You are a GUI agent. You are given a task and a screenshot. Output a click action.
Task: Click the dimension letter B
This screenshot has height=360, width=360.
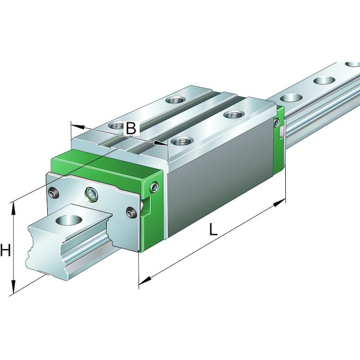[x=131, y=128]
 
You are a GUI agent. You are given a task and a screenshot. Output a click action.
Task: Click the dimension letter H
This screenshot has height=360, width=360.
[x=5, y=250]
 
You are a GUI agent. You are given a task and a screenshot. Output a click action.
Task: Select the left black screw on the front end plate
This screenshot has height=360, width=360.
[x=54, y=193]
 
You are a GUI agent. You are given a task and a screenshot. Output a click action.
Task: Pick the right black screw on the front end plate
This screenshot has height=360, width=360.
[x=131, y=212]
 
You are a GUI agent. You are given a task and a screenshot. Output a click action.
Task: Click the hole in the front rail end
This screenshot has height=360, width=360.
[x=69, y=220]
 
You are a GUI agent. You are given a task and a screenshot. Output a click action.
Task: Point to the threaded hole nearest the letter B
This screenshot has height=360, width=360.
[x=117, y=126]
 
